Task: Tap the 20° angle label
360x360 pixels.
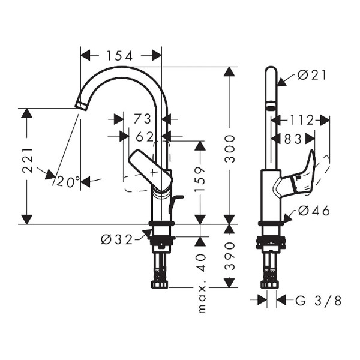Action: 68,181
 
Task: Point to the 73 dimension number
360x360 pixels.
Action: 143,118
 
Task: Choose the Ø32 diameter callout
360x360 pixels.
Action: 116,239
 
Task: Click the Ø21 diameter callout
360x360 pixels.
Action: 311,75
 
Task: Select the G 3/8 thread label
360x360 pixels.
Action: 318,301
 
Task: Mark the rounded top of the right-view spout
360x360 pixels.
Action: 271,72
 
